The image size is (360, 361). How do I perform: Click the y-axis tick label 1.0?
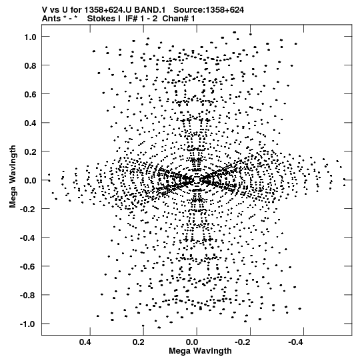pos(30,37)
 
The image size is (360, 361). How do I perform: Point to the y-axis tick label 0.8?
pos(30,65)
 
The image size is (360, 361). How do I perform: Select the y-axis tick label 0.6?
pos(30,94)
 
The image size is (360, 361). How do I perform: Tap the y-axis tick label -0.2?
pos(28,209)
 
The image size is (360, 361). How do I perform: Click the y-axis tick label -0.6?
pos(28,267)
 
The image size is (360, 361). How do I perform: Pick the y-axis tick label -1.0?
pos(28,324)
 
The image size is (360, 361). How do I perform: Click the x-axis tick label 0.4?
pos(85,342)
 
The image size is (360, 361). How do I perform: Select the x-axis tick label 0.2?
pos(139,342)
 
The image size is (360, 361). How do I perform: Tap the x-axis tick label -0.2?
pos(243,342)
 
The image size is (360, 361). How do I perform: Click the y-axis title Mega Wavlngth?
pos(13,177)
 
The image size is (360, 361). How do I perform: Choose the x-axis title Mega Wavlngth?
pos(200,351)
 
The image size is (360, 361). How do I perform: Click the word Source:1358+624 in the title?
pos(209,10)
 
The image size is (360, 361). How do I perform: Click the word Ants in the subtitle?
pos(51,19)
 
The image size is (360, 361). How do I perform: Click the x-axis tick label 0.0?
pos(192,342)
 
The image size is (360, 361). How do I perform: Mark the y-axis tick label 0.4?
pos(30,123)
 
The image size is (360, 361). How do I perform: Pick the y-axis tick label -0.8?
pos(28,295)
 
